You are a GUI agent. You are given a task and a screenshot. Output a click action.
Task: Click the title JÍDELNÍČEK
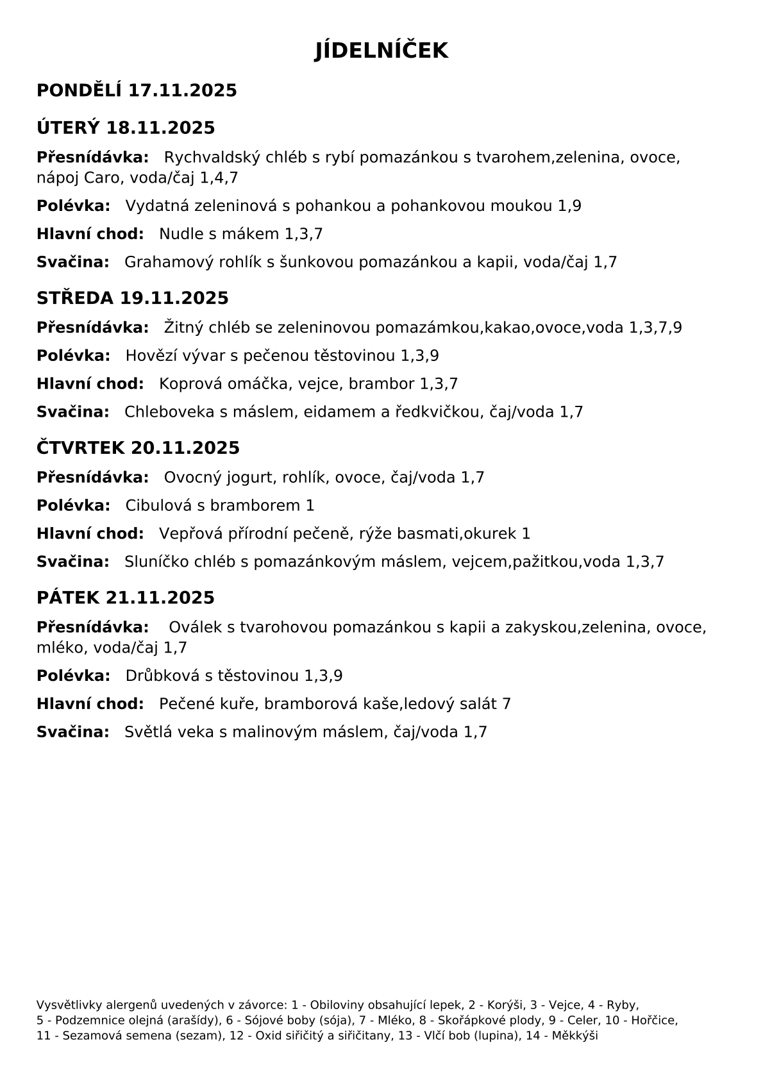pyautogui.click(x=381, y=51)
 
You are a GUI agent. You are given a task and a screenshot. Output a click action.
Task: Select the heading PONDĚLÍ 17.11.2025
pyautogui.click(x=137, y=90)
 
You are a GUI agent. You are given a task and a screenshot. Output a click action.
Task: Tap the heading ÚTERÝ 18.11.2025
pyautogui.click(x=126, y=128)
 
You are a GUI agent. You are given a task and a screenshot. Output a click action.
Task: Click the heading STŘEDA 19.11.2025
pyautogui.click(x=132, y=298)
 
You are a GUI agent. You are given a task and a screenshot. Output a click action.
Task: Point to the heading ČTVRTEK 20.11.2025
pyautogui.click(x=138, y=448)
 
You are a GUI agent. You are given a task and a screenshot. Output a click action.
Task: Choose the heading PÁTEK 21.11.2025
pyautogui.click(x=126, y=598)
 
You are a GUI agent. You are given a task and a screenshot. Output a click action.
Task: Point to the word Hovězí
pyautogui.click(x=148, y=356)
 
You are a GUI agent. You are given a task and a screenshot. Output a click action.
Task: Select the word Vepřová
pyautogui.click(x=190, y=534)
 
